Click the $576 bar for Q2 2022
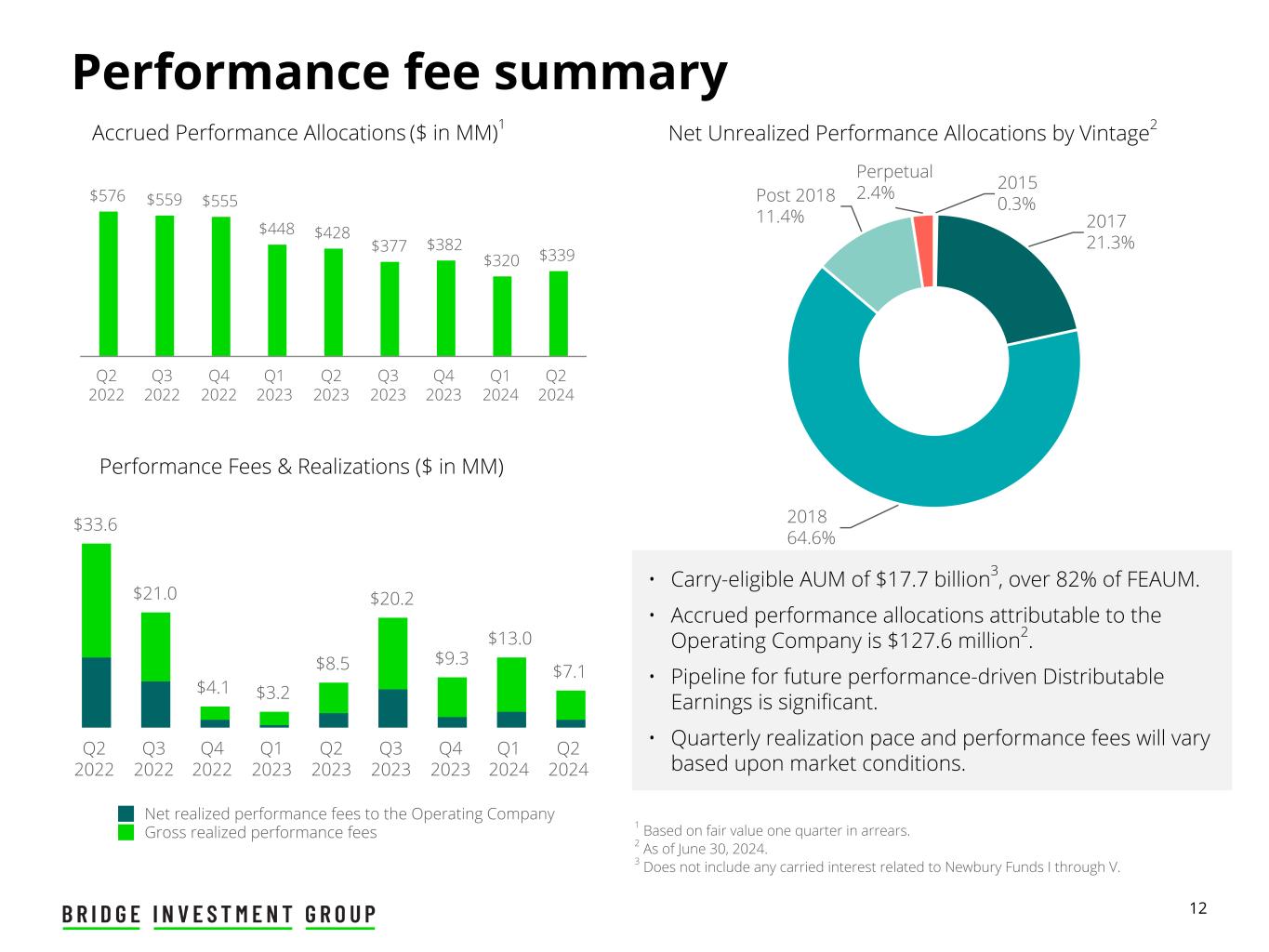108,284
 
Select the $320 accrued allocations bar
502,316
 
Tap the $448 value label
276,229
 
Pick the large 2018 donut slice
892,437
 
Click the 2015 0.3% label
1016,192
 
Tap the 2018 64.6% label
811,527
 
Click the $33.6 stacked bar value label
96,524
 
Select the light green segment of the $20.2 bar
392,653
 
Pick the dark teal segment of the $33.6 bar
96,692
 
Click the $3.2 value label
272,693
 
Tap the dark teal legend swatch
126,813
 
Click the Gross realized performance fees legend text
260,832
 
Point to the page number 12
1198,908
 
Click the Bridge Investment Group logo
219,915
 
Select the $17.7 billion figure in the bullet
931,580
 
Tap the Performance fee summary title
399,72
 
